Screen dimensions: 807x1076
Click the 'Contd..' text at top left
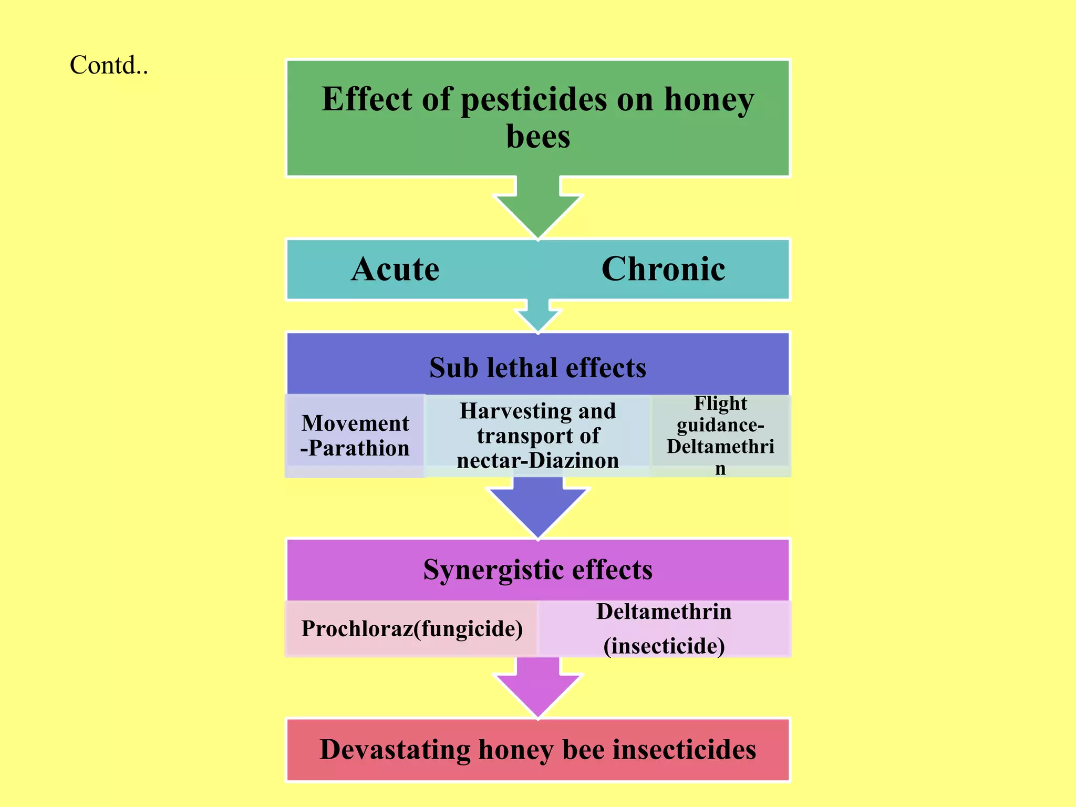(x=109, y=66)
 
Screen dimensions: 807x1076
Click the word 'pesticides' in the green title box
(x=533, y=100)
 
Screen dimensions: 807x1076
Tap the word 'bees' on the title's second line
(x=538, y=137)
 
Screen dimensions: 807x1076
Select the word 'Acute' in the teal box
(x=395, y=270)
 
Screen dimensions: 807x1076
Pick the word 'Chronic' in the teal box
(x=663, y=270)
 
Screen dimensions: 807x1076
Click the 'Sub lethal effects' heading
(x=538, y=368)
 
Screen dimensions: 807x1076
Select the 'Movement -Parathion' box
(x=355, y=436)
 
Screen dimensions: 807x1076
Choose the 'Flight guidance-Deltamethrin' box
(x=720, y=436)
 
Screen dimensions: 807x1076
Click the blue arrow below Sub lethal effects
(x=538, y=507)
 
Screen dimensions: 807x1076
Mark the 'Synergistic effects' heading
(x=538, y=570)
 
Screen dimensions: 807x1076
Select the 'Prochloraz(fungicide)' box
(x=411, y=629)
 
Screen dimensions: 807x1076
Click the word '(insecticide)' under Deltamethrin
(x=664, y=646)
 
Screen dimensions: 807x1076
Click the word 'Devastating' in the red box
(x=395, y=750)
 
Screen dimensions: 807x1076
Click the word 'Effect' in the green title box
(x=366, y=100)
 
